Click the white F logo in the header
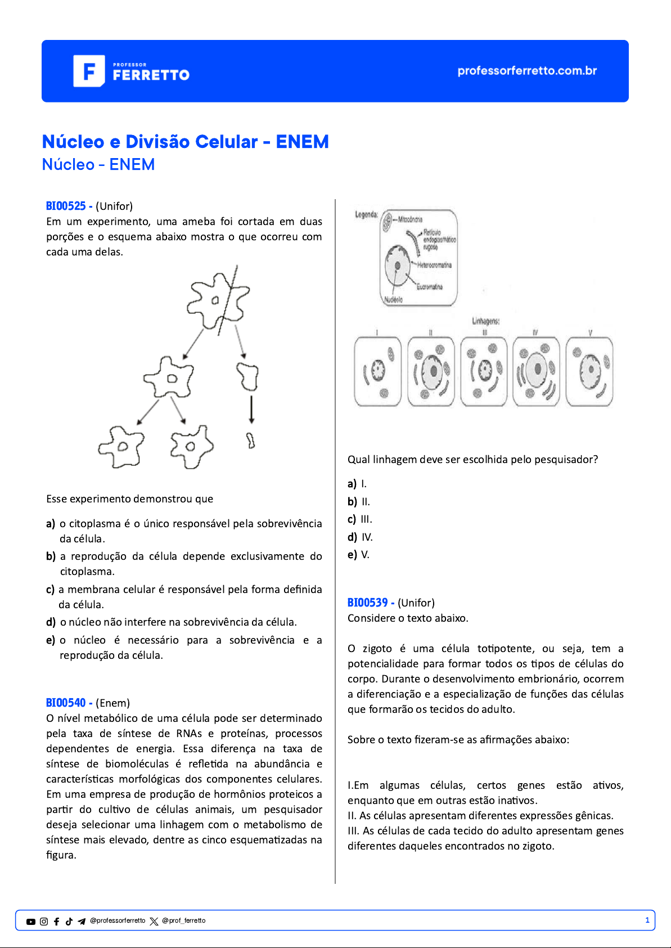click(x=89, y=71)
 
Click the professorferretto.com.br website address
click(x=526, y=71)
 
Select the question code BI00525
click(x=66, y=206)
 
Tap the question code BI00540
click(x=66, y=703)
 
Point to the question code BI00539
click(x=367, y=603)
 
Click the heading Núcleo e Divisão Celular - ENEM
click(x=185, y=142)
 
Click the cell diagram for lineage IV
click(x=536, y=371)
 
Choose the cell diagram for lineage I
click(x=377, y=371)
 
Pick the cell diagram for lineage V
click(x=589, y=371)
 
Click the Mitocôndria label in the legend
click(x=410, y=219)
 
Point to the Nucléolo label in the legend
click(x=393, y=300)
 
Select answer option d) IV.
click(x=361, y=537)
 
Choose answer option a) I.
click(x=358, y=484)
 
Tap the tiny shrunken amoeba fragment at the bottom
click(x=251, y=441)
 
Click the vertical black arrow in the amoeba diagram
click(x=251, y=409)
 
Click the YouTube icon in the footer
click(x=31, y=922)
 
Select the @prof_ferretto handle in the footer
click(x=183, y=921)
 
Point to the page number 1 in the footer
click(x=647, y=920)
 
